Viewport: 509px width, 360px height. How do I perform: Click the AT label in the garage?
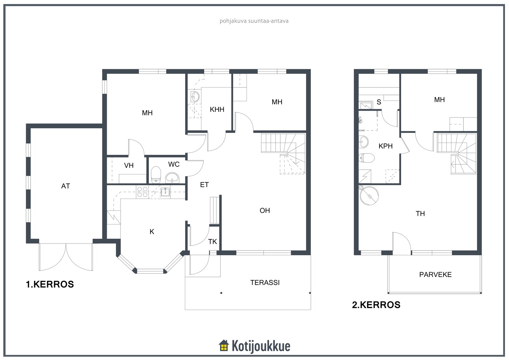pyautogui.click(x=66, y=186)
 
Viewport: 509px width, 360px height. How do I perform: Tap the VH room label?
pyautogui.click(x=129, y=165)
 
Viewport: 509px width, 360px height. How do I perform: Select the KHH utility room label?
pyautogui.click(x=217, y=109)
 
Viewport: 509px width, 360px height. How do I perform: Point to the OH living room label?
pyautogui.click(x=265, y=210)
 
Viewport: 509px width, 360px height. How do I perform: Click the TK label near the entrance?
pyautogui.click(x=213, y=242)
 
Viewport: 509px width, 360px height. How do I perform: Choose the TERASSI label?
pyautogui.click(x=265, y=282)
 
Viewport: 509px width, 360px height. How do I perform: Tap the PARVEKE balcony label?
pyautogui.click(x=436, y=274)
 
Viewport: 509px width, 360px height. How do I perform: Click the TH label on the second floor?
pyautogui.click(x=420, y=214)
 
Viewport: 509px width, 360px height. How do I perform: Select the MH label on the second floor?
pyautogui.click(x=439, y=100)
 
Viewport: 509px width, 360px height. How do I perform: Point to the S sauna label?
pyautogui.click(x=379, y=102)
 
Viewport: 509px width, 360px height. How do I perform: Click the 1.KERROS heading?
pyautogui.click(x=50, y=284)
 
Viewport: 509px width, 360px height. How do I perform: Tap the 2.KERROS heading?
pyautogui.click(x=376, y=305)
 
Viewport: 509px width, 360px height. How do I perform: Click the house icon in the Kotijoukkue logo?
pyautogui.click(x=224, y=346)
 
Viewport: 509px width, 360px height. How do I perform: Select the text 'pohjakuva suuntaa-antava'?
pyautogui.click(x=254, y=21)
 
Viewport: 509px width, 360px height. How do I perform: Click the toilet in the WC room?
pyautogui.click(x=156, y=175)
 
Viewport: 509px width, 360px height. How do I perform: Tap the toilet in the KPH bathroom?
pyautogui.click(x=366, y=158)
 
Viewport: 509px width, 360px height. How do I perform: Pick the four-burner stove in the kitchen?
pyautogui.click(x=142, y=192)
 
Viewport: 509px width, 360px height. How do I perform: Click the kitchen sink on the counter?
pyautogui.click(x=165, y=192)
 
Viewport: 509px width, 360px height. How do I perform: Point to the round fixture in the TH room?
pyautogui.click(x=369, y=195)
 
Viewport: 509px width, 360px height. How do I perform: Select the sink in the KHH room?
pyautogui.click(x=195, y=97)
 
